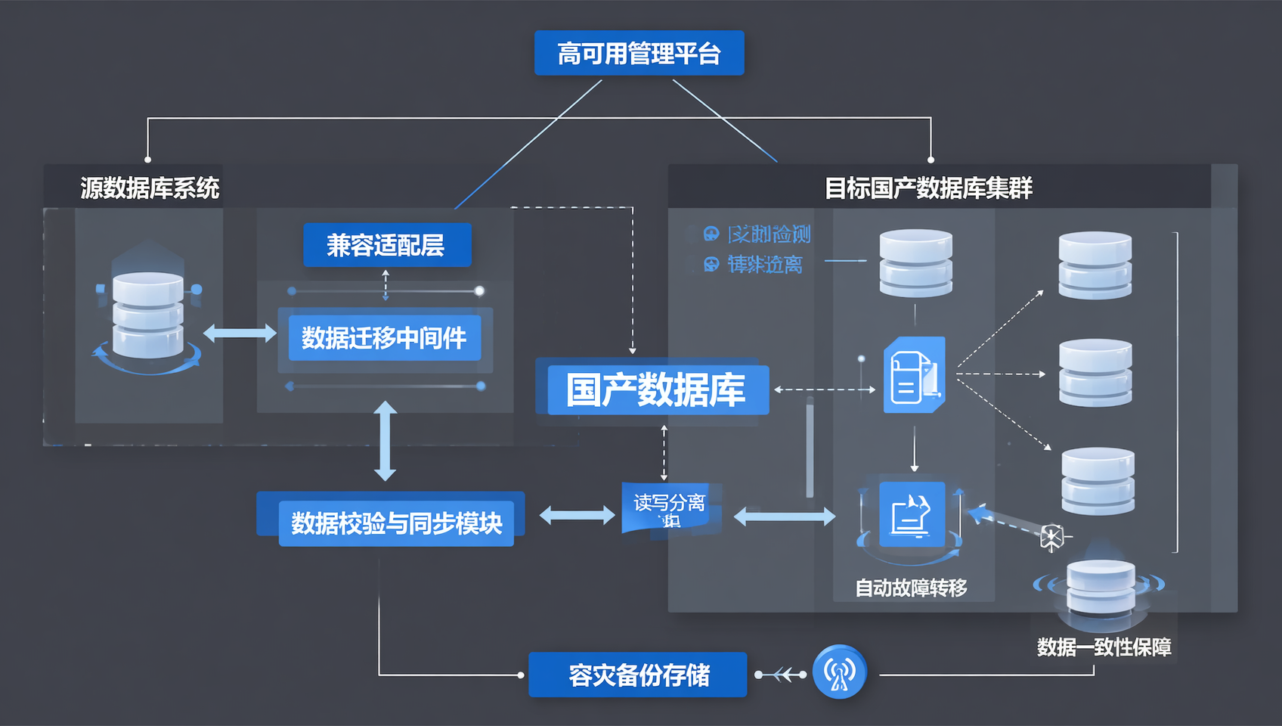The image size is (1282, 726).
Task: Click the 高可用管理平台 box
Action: click(x=639, y=53)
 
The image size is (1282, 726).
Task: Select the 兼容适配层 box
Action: click(x=387, y=245)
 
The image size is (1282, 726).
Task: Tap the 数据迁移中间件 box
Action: click(x=384, y=338)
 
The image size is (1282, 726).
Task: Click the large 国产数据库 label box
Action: click(x=655, y=390)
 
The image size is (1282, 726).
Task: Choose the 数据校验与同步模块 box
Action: click(x=396, y=523)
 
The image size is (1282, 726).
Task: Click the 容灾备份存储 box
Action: click(x=638, y=675)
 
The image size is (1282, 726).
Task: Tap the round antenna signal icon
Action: click(x=839, y=672)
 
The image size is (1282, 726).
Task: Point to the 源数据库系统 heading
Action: click(x=150, y=188)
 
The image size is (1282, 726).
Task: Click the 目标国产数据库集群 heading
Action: click(x=928, y=188)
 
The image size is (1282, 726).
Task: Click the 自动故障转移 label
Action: click(x=911, y=588)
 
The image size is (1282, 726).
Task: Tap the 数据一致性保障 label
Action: click(x=1104, y=647)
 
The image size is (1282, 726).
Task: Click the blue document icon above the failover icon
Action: click(x=914, y=375)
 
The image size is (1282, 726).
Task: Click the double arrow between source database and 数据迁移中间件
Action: click(x=240, y=333)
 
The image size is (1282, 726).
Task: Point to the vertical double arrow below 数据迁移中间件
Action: click(x=386, y=441)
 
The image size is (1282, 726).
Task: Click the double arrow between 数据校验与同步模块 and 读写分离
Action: click(x=577, y=516)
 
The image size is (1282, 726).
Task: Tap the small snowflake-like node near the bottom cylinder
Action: click(x=1051, y=537)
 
